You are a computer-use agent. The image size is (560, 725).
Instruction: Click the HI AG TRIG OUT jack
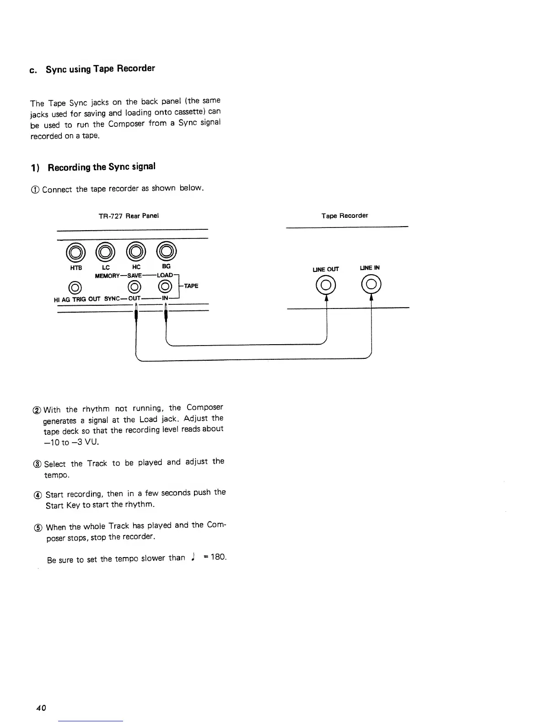(x=75, y=287)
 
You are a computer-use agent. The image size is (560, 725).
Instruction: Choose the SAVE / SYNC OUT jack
(x=135, y=287)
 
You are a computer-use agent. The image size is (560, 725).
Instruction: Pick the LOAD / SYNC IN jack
(x=166, y=287)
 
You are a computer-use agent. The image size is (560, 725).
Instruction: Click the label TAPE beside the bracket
(x=191, y=286)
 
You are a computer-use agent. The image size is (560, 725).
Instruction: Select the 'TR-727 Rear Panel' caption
(x=129, y=216)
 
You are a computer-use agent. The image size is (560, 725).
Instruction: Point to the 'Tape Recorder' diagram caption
(x=345, y=216)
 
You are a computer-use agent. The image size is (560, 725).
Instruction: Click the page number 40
(x=41, y=708)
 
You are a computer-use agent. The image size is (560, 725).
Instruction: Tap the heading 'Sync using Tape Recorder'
(x=100, y=69)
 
